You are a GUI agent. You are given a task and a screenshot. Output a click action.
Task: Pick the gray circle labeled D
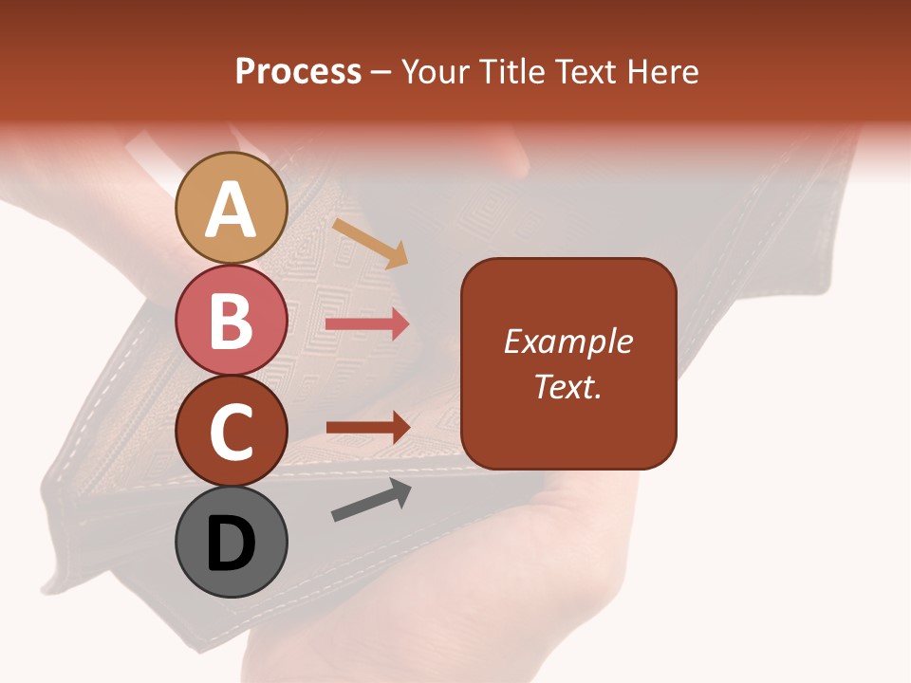click(231, 542)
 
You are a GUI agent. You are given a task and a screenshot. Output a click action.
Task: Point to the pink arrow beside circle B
click(367, 324)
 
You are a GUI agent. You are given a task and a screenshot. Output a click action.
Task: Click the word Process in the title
click(298, 72)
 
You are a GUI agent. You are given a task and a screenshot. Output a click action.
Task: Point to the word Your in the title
click(437, 72)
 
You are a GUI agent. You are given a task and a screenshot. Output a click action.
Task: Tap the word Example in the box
click(567, 341)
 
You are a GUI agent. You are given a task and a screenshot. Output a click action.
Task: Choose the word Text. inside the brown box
click(567, 386)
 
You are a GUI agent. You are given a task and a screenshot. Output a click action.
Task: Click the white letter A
click(231, 211)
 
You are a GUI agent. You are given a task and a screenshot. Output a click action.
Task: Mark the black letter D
click(231, 545)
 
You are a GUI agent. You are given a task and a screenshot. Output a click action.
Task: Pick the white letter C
click(231, 432)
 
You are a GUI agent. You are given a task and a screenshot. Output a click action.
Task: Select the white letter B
click(231, 321)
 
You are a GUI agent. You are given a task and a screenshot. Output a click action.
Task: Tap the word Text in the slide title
click(585, 72)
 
